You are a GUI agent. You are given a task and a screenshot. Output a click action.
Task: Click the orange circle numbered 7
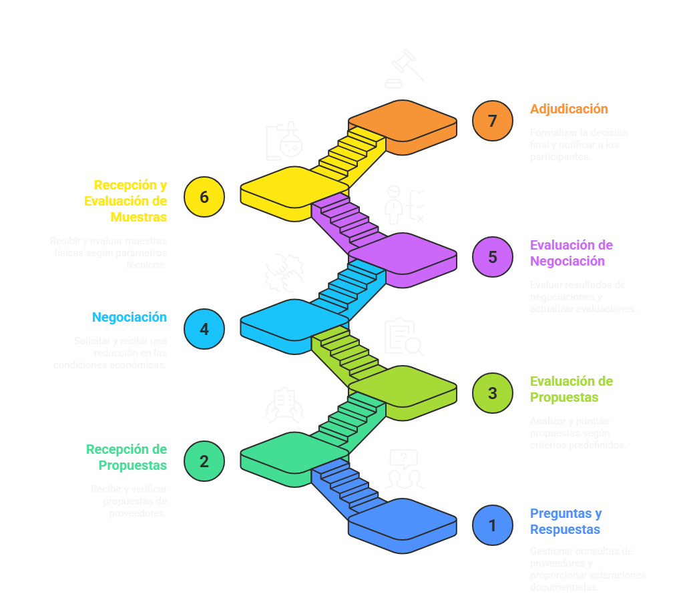[493, 121]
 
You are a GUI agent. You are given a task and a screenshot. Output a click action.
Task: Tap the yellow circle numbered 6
[204, 197]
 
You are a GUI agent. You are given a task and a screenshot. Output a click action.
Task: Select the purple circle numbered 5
[493, 257]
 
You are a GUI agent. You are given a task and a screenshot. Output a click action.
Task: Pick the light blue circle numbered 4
[204, 329]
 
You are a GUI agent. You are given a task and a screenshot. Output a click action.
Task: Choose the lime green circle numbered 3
[493, 393]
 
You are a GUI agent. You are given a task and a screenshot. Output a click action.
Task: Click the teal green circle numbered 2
[204, 461]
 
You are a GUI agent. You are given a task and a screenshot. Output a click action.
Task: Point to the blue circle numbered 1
[493, 525]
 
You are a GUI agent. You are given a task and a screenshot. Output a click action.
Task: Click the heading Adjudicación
[569, 109]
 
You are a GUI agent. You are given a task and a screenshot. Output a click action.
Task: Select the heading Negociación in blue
[129, 318]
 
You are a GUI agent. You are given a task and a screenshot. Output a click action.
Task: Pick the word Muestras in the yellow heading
[139, 217]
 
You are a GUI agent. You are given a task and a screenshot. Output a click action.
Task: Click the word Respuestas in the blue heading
[565, 529]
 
